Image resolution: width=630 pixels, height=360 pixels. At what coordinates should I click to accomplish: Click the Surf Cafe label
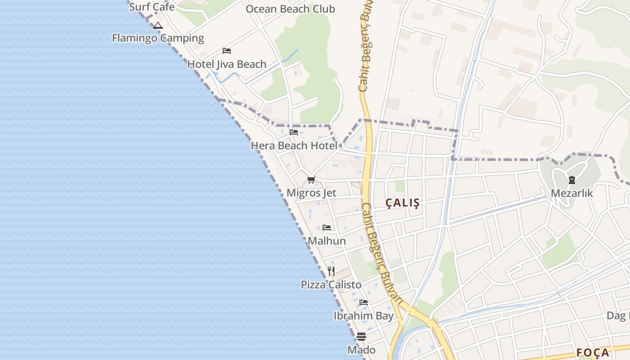pos(152,7)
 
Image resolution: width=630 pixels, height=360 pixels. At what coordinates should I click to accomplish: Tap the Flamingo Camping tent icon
pos(157,26)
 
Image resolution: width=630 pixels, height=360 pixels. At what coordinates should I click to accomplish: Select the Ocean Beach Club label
pos(290,9)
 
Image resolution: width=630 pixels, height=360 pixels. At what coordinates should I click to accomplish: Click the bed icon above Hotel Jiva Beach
pos(227,51)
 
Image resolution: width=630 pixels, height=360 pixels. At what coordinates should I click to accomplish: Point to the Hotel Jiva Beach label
pos(227,64)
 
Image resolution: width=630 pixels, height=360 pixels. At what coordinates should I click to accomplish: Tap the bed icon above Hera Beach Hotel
pos(294,132)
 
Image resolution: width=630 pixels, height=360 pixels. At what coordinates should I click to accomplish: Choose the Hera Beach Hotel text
pos(294,146)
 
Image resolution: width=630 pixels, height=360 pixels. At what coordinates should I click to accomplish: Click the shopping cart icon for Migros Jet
pos(311,180)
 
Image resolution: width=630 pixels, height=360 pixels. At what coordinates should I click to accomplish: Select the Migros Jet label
pos(311,193)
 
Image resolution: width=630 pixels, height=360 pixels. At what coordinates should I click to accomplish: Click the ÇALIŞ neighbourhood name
pos(402,203)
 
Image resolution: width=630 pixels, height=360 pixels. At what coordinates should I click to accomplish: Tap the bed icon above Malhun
pos(327,228)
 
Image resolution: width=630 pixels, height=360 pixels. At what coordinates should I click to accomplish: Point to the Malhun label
pos(327,241)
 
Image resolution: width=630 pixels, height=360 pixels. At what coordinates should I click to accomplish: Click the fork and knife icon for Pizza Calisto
pos(331,271)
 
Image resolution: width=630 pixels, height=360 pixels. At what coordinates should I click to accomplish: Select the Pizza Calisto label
pos(331,285)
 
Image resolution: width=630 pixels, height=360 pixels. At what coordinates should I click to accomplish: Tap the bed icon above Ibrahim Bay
pos(364,302)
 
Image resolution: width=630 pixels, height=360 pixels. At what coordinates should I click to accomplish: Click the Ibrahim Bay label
pos(364,316)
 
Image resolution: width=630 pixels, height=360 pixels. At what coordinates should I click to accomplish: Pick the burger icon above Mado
pos(361,336)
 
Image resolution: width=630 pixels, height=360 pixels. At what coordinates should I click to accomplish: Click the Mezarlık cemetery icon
pos(571,180)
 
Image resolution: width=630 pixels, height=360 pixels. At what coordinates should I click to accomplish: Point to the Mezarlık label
pos(572,193)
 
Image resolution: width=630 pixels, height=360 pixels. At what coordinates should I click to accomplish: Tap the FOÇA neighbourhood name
pos(593,353)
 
